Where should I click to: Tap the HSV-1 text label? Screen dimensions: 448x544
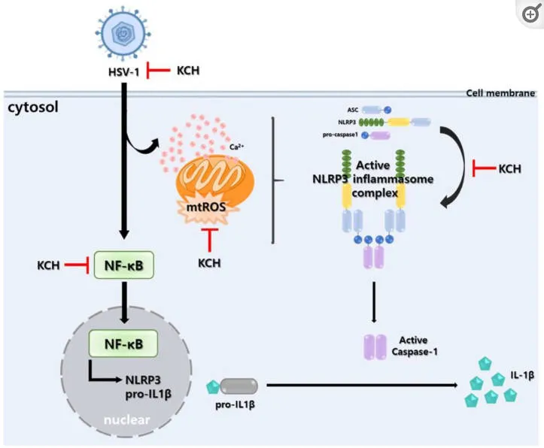click(123, 72)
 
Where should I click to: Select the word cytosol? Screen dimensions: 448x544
click(33, 108)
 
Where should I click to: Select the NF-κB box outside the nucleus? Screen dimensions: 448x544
click(124, 265)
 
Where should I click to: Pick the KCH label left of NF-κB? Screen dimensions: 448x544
click(49, 265)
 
